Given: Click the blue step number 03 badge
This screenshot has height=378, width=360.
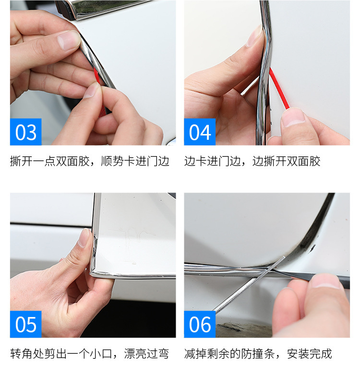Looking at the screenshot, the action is tap(26, 132).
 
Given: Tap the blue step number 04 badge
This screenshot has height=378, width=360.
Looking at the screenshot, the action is tap(200, 132).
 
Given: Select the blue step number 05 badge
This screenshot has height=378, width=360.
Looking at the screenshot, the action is tap(26, 324).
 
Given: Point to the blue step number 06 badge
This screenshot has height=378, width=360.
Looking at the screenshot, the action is tap(200, 324).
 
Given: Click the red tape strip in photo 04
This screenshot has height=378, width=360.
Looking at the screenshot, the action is tap(279, 88).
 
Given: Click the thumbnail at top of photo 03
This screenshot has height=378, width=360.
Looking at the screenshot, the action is tap(68, 40).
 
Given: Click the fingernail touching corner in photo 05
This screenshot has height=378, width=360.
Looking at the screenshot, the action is tap(84, 238).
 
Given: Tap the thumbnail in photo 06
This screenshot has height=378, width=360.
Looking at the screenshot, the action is tap(325, 281).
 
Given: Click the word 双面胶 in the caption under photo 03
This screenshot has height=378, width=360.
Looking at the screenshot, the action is tap(73, 161).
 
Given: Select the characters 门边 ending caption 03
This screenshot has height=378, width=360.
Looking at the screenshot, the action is tap(158, 161).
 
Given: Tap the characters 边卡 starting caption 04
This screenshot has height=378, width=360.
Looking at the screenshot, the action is tap(195, 161).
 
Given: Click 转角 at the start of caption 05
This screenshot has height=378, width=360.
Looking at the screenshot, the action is tap(21, 354).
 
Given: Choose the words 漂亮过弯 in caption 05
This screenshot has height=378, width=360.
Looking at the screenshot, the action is tap(146, 354).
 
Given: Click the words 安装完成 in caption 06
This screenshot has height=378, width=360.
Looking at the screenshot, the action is tap(310, 354).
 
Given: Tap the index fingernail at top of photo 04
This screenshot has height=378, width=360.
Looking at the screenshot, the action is tap(255, 36).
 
